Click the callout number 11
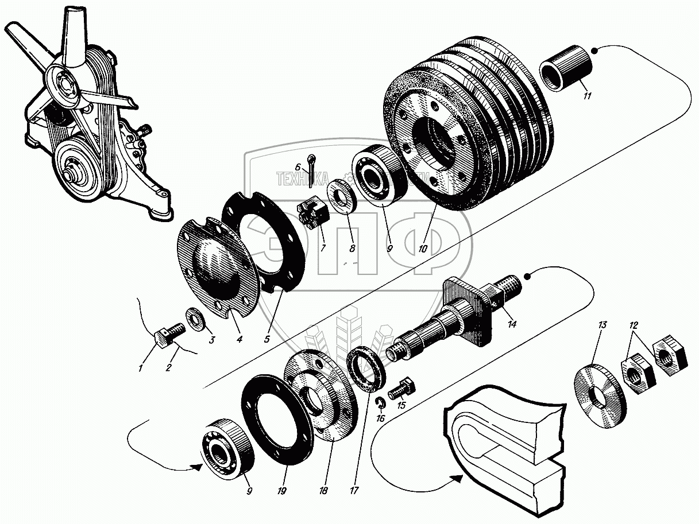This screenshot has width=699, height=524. [586, 96]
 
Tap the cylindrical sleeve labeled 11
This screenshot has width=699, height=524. [566, 69]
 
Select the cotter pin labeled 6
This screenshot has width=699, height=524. [312, 172]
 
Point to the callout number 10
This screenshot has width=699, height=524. [423, 249]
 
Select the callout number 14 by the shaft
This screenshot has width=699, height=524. [512, 324]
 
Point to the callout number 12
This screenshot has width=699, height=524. [634, 325]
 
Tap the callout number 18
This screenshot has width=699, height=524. [323, 491]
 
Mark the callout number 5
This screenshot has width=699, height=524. [267, 339]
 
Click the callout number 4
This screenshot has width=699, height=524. [239, 339]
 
